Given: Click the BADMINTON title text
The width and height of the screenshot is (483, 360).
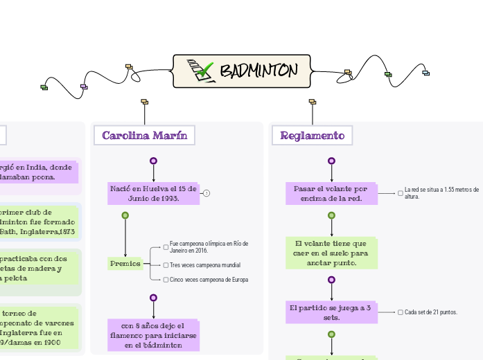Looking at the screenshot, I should [x=258, y=71].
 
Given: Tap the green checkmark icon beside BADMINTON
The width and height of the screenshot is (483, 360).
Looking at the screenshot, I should [x=202, y=71].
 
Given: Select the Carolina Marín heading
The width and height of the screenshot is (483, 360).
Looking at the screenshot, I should [x=144, y=135].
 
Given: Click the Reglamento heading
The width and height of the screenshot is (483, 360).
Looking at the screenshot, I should [x=312, y=135].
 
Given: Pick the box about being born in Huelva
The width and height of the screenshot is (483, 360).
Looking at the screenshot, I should [x=153, y=193].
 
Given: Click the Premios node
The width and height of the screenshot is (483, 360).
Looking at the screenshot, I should [x=125, y=263].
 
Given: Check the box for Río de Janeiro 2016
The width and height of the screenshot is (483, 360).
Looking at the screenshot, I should [x=166, y=246].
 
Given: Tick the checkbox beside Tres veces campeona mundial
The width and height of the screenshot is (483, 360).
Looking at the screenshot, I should [x=166, y=265].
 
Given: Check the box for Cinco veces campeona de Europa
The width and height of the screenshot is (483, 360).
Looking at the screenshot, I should [x=166, y=280].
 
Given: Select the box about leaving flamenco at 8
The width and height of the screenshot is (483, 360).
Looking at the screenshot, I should [x=153, y=334].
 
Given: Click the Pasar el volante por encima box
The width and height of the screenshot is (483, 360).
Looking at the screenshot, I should [x=331, y=193].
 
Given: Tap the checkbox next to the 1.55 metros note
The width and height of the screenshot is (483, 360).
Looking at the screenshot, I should [x=401, y=193].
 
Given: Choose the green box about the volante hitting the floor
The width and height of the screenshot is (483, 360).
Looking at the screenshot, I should [x=331, y=253].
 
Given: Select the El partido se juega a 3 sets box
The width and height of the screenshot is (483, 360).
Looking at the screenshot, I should [x=331, y=312].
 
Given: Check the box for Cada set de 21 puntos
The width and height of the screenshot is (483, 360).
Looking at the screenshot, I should [x=401, y=312].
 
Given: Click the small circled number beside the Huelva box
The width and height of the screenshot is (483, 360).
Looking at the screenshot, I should [x=207, y=193].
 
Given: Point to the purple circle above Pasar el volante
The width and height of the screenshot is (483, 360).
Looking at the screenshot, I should [x=331, y=161].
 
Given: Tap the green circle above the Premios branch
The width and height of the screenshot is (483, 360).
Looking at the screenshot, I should [x=125, y=215].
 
